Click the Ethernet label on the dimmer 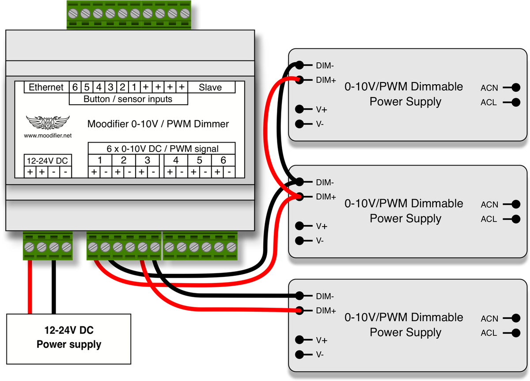[x=46, y=87]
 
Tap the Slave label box [x=211, y=87]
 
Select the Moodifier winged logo [x=48, y=122]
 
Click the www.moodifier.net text [x=48, y=136]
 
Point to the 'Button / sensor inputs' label [x=128, y=99]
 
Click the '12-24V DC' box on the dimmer [x=48, y=161]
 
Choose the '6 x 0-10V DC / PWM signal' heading [x=163, y=149]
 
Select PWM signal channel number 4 [x=176, y=160]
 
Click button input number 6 [x=75, y=87]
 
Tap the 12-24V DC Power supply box [x=68, y=339]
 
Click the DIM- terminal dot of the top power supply [x=299, y=65]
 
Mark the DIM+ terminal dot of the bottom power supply [x=299, y=310]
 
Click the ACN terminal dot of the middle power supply [x=516, y=204]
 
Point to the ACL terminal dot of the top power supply [x=516, y=102]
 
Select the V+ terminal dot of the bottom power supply [x=299, y=340]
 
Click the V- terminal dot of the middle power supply [x=299, y=241]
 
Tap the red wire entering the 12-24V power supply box [x=30, y=287]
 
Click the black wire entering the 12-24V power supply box [x=54, y=287]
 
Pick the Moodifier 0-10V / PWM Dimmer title [x=158, y=124]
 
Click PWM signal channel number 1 [x=100, y=160]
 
